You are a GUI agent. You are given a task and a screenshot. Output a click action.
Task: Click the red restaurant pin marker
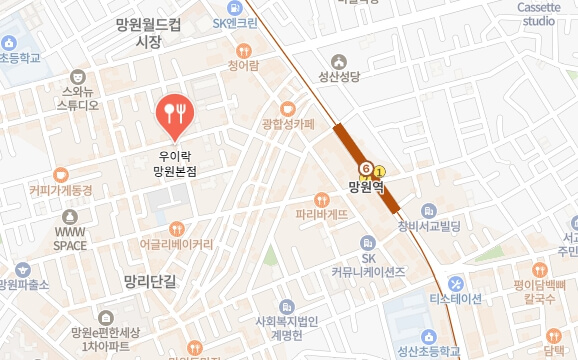pyautogui.click(x=176, y=116)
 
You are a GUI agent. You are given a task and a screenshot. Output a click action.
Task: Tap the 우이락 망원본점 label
pyautogui.click(x=176, y=163)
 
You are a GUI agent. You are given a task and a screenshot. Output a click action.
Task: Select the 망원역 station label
pyautogui.click(x=367, y=185)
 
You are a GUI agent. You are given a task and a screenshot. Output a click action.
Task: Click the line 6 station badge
pyautogui.click(x=366, y=168)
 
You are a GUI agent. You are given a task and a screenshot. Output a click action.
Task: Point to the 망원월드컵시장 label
pyautogui.click(x=149, y=32)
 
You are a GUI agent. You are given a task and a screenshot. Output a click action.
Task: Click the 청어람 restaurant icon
pyautogui.click(x=243, y=50)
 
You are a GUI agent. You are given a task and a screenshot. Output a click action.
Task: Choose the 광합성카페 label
pyautogui.click(x=287, y=124)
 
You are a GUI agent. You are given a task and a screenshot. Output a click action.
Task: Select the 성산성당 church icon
pyautogui.click(x=350, y=57)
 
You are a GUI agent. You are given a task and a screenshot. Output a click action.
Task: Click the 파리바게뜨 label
pyautogui.click(x=321, y=213)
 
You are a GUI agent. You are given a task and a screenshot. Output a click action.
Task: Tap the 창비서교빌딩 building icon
pyautogui.click(x=429, y=210)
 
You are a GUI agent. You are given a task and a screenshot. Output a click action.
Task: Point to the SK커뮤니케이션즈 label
pyautogui.click(x=368, y=264)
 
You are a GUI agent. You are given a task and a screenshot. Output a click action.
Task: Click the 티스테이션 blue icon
pyautogui.click(x=455, y=282)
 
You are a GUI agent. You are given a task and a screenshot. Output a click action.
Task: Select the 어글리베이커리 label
pyautogui.click(x=177, y=243)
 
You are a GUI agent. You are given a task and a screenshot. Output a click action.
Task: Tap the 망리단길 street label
pyautogui.click(x=143, y=282)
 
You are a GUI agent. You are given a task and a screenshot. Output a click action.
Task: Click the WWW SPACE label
pyautogui.click(x=70, y=237)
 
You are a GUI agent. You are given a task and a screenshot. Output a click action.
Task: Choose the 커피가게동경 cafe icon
pyautogui.click(x=60, y=174)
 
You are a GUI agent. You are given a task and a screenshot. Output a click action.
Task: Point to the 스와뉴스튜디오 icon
pyautogui.click(x=79, y=75)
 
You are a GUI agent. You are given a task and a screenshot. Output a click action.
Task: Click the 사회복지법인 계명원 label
pyautogui.click(x=288, y=327)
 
